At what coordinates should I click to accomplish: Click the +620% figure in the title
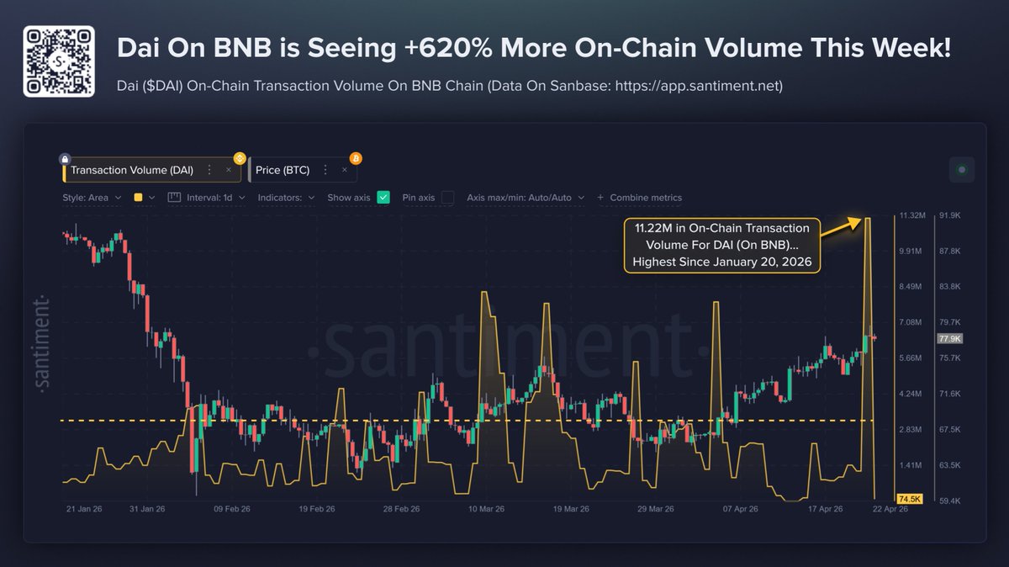click(x=441, y=48)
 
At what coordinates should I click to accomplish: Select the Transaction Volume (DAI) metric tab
click(x=132, y=170)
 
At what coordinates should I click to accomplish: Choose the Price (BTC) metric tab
click(x=283, y=170)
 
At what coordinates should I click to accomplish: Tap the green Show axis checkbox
click(x=383, y=198)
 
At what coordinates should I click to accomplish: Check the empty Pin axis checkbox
click(x=447, y=198)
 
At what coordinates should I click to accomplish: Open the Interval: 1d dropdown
click(x=207, y=198)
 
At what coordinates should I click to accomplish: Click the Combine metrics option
click(x=640, y=198)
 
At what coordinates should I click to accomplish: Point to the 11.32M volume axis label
click(x=911, y=216)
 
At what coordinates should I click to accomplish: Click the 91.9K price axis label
click(x=949, y=216)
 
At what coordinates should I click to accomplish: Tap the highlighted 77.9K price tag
click(x=949, y=338)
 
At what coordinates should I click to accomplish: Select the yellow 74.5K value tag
click(x=911, y=499)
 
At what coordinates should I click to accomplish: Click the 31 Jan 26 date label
click(x=148, y=509)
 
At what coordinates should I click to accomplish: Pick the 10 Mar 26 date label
click(x=486, y=509)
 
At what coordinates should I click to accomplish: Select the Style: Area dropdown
click(x=92, y=198)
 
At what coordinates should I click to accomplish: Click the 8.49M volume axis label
click(x=911, y=287)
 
